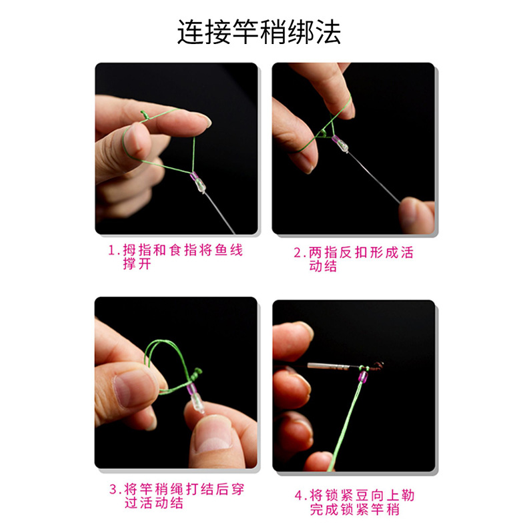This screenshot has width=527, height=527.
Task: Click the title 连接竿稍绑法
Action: point(259,32)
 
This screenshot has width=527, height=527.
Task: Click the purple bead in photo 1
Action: point(194,176)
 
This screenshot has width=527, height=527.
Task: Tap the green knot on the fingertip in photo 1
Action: point(144,115)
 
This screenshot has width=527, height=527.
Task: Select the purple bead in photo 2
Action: point(336,139)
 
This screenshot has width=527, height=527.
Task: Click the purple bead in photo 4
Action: point(362,377)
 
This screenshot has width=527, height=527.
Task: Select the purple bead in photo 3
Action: point(191,389)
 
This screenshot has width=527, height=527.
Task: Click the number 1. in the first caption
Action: point(113,250)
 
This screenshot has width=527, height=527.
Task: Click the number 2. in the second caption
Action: point(300,253)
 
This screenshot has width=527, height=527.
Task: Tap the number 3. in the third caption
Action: point(115,489)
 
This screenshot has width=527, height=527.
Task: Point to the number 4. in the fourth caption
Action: point(300,496)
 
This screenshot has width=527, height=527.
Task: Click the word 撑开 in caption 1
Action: point(137,264)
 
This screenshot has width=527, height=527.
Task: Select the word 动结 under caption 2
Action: point(323,266)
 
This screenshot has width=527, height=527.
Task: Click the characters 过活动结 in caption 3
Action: point(154,503)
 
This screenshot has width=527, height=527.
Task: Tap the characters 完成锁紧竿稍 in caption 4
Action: point(355,509)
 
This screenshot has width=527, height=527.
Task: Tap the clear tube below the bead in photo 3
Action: point(197,404)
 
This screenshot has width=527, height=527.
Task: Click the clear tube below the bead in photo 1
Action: point(199,185)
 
